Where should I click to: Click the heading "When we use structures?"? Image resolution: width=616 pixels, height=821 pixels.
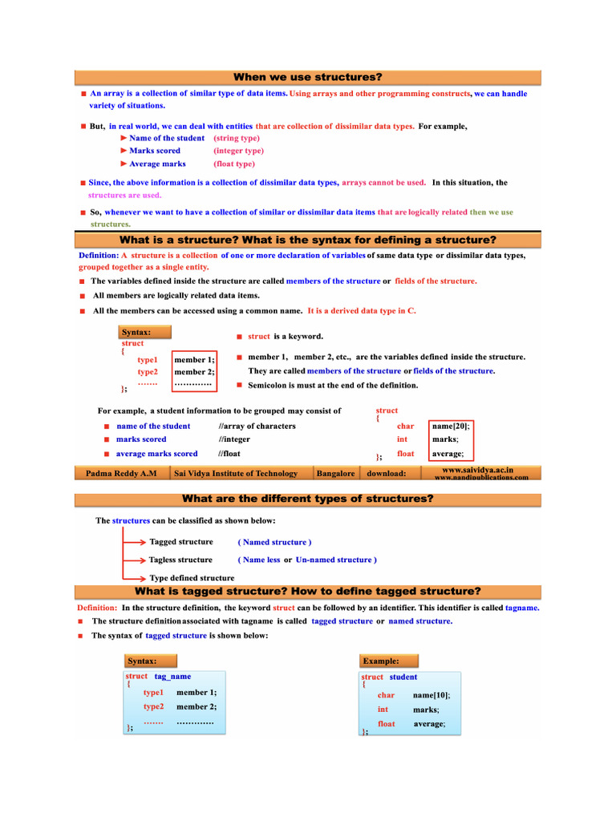click(x=307, y=77)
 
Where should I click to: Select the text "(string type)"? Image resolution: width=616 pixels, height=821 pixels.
click(x=237, y=138)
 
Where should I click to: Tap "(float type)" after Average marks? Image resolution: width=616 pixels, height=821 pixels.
click(x=234, y=164)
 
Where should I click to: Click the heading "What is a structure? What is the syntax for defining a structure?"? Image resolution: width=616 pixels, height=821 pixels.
click(x=307, y=240)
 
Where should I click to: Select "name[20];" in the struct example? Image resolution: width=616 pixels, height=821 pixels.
click(x=449, y=426)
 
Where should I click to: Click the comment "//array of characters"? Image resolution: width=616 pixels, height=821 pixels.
click(x=257, y=426)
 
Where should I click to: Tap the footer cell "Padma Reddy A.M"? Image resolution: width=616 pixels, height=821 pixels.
click(x=121, y=473)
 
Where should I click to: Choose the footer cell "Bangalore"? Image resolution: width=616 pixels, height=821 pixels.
click(x=335, y=473)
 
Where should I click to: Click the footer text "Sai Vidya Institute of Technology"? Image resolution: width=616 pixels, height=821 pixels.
click(x=235, y=473)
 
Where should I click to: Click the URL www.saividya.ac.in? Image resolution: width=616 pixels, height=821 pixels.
click(x=477, y=469)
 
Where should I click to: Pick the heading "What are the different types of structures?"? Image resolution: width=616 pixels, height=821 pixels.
click(x=307, y=499)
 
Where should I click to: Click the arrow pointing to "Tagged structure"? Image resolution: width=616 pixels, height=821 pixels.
click(x=134, y=542)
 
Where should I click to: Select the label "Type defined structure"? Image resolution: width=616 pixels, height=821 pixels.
click(x=192, y=577)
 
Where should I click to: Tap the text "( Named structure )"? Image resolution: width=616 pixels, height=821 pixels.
click(x=274, y=542)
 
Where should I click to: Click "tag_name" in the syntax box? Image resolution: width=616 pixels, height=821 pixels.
click(x=172, y=676)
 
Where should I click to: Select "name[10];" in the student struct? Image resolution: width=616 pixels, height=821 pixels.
click(x=432, y=695)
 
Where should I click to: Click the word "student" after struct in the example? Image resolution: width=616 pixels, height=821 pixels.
click(x=403, y=677)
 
